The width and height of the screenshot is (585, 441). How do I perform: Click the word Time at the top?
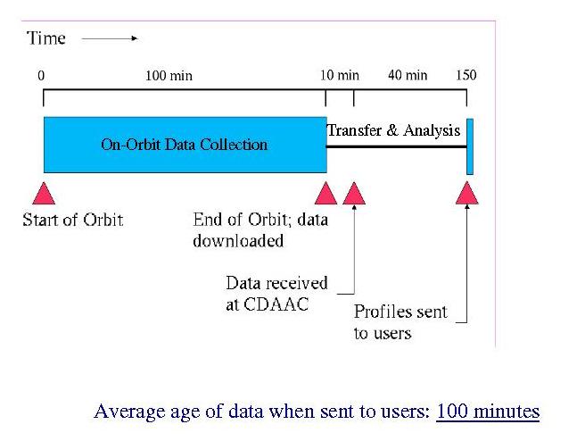46,37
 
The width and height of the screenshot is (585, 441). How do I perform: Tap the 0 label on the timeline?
41,75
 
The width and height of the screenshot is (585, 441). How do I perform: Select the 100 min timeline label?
169,75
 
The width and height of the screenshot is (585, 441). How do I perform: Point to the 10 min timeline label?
340,75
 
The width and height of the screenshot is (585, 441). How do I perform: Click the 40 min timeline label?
407,75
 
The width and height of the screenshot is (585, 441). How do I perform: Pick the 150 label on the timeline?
466,75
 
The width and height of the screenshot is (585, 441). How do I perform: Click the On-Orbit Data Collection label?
184,144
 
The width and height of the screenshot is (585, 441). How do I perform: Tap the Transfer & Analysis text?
393,131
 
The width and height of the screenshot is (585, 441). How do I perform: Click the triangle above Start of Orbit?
43,193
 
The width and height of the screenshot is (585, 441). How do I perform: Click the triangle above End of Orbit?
326,193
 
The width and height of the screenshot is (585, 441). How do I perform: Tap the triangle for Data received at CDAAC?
354,193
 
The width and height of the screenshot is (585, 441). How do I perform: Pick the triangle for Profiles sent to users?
466,193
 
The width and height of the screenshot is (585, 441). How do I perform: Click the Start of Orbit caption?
73,220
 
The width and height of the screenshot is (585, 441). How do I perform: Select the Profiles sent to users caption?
400,322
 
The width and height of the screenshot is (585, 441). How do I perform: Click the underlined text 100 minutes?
488,411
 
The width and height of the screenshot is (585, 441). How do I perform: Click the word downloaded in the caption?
238,240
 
